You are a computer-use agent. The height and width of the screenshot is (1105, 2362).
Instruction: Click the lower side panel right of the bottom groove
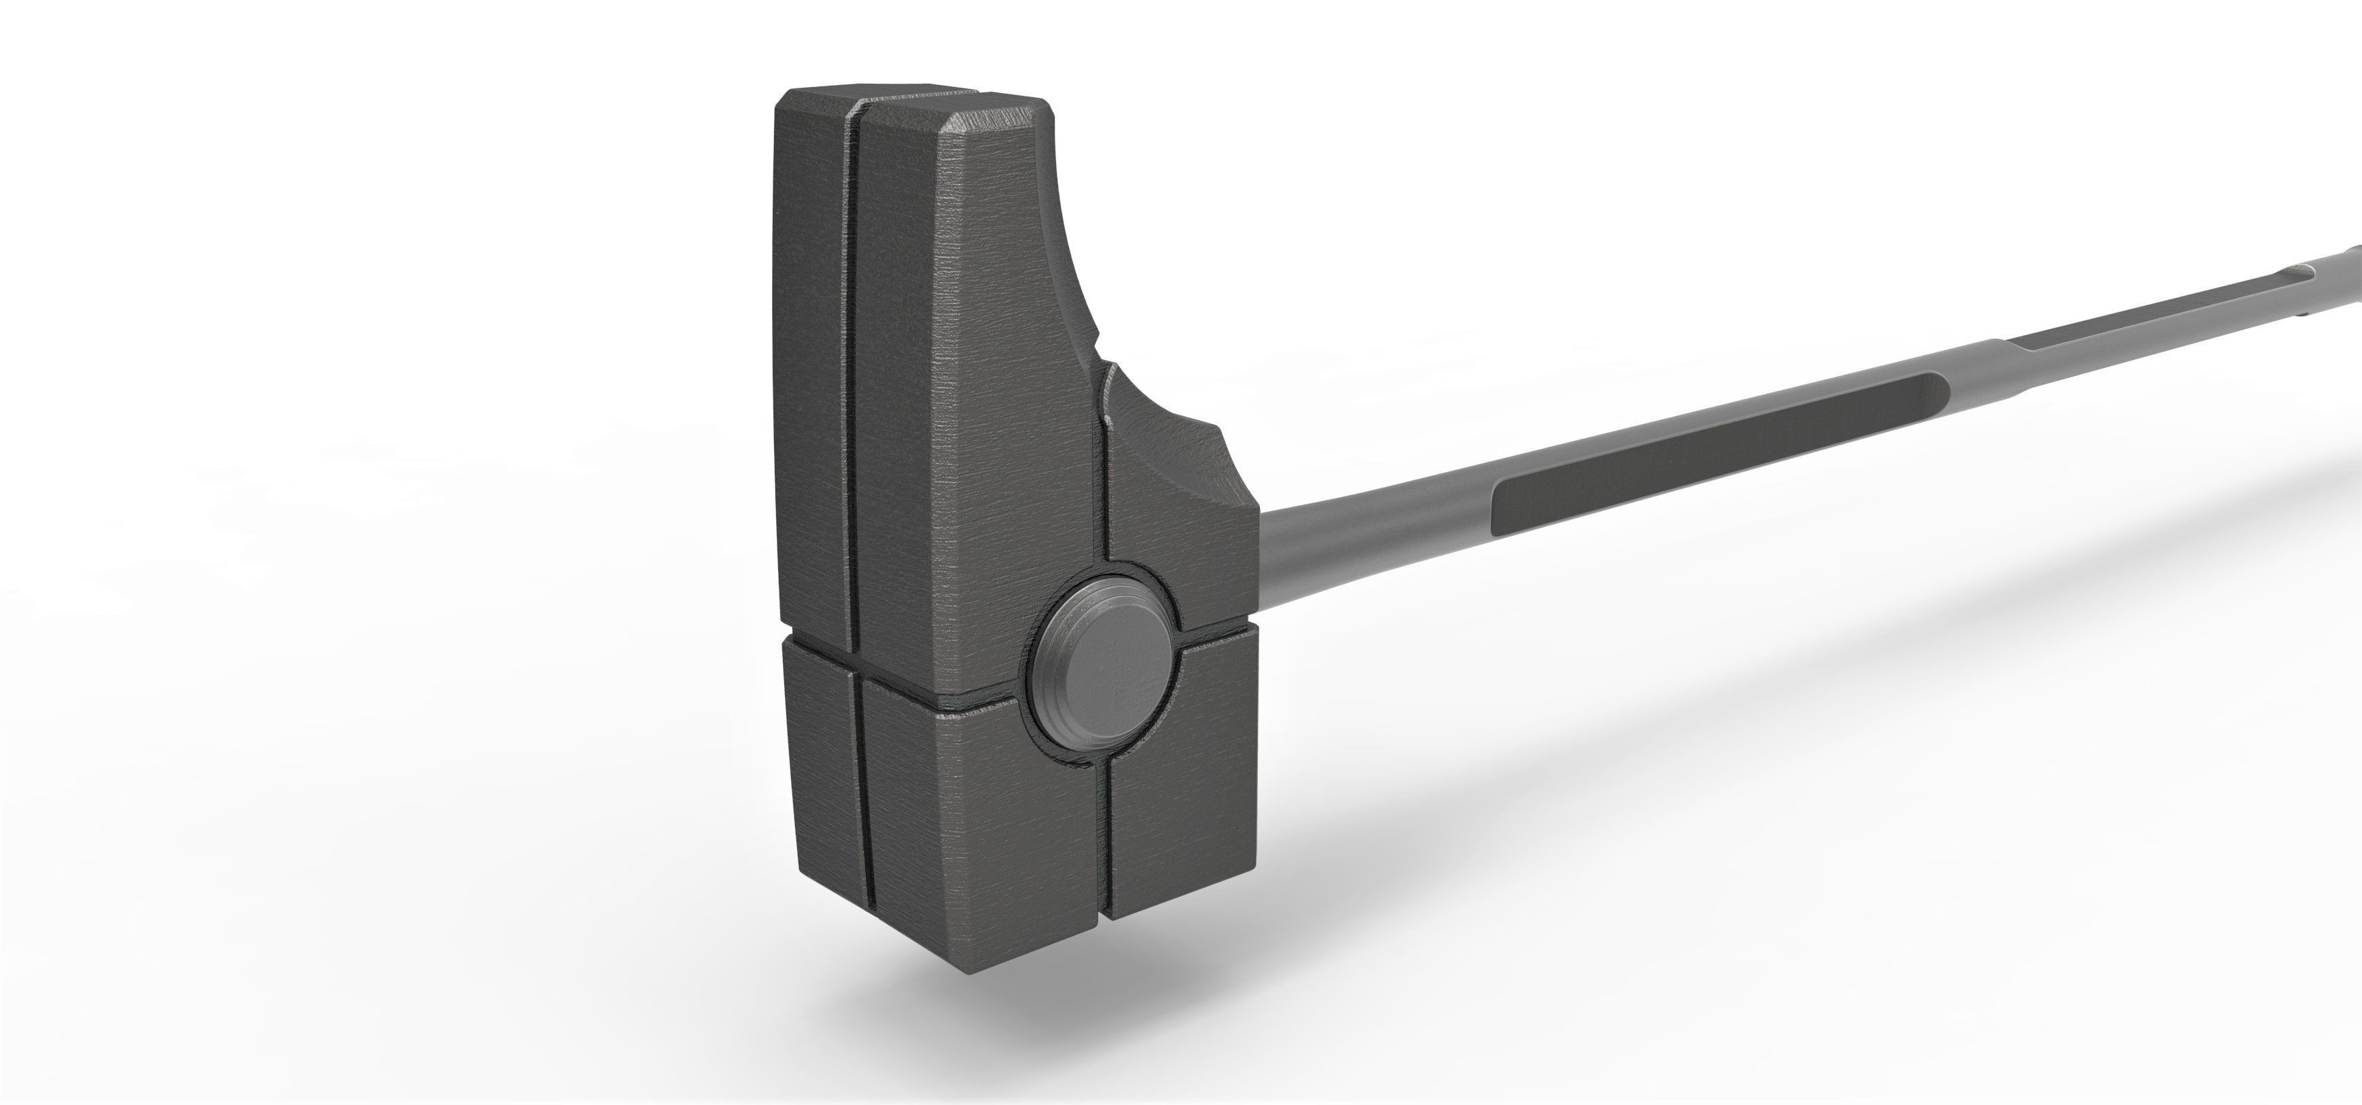click(1183, 807)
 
